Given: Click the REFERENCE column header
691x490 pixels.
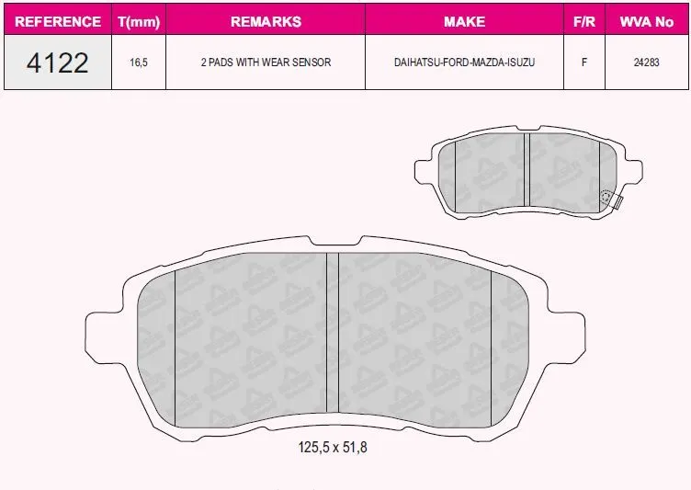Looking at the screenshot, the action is click(58, 21).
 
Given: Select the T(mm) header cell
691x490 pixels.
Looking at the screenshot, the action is click(139, 21).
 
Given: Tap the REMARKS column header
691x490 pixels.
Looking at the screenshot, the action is click(266, 21).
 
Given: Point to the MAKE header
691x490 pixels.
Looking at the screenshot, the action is click(464, 21).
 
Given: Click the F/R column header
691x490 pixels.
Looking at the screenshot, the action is click(584, 21).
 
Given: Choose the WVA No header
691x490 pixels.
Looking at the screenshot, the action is click(647, 21).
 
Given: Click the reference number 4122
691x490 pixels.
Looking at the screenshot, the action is click(58, 63).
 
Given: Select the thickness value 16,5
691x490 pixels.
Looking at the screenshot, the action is click(139, 63).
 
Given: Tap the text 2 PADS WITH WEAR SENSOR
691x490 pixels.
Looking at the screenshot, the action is click(266, 63).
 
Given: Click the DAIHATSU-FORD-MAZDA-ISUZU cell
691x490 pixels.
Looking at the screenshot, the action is click(464, 63).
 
